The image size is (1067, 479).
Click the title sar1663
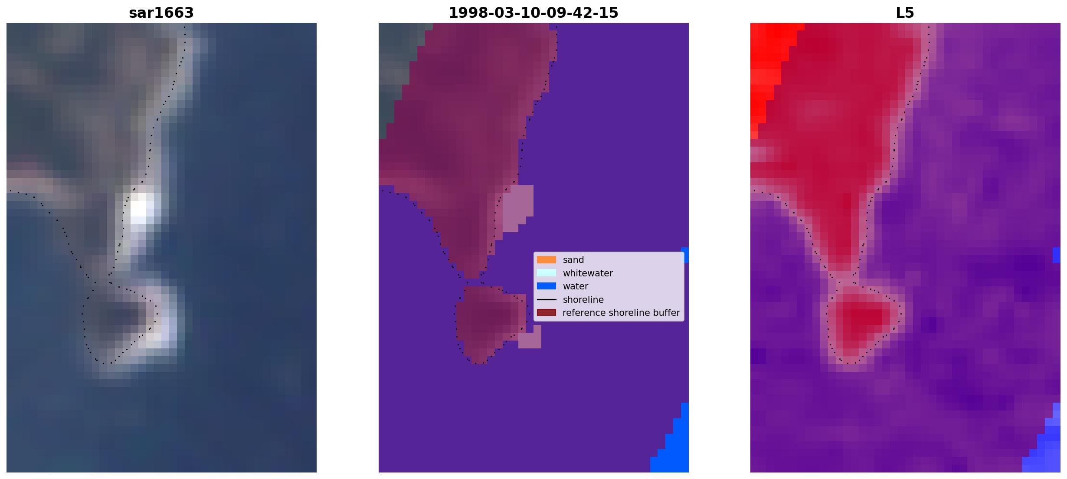click(161, 13)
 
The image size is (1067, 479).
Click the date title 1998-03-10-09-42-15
click(533, 13)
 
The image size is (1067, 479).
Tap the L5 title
click(905, 13)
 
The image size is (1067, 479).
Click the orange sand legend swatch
click(547, 259)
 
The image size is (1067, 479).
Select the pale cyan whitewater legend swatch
click(547, 273)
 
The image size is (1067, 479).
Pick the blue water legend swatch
click(547, 286)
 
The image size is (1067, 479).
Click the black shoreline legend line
click(547, 299)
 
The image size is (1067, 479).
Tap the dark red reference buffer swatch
click(547, 312)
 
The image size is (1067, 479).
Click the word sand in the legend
click(573, 260)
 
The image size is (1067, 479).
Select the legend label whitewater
click(588, 273)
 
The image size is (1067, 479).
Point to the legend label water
click(576, 286)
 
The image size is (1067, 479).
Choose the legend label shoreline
click(583, 299)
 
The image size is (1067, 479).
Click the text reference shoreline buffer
click(621, 313)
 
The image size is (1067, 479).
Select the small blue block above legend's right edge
click(685, 255)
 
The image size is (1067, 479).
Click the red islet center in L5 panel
click(861, 319)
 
